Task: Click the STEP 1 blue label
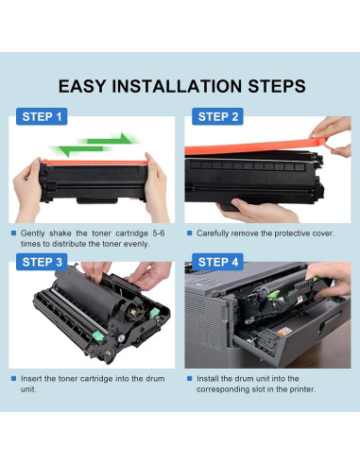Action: tap(42, 116)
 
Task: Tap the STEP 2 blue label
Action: tap(217, 116)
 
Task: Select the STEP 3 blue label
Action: tap(42, 262)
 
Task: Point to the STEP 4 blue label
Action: tap(217, 262)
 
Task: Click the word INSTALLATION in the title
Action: tap(178, 86)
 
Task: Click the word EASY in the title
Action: tap(82, 86)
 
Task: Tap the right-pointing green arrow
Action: tap(109, 139)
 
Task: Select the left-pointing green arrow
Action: tap(81, 150)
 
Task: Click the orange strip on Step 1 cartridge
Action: tap(94, 163)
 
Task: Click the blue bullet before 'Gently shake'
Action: tap(13, 233)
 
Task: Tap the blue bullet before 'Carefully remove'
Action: tap(189, 233)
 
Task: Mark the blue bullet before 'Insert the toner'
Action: tap(13, 378)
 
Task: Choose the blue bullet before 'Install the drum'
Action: tap(189, 378)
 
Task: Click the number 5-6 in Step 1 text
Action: tap(159, 233)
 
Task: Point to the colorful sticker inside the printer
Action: tap(284, 332)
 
